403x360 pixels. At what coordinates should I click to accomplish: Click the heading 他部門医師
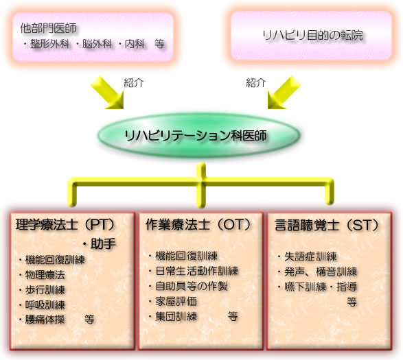[48, 28]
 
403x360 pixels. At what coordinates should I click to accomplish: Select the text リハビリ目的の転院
[313, 35]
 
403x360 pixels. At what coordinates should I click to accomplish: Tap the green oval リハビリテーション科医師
[198, 135]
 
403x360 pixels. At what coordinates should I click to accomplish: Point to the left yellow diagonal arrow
[108, 93]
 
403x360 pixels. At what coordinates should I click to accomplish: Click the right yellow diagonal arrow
[284, 93]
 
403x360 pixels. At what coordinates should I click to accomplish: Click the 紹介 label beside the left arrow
[134, 83]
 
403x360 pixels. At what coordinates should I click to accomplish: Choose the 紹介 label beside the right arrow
[255, 83]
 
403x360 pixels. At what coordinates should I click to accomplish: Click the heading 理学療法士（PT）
[65, 225]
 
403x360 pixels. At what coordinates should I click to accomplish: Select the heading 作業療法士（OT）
[198, 225]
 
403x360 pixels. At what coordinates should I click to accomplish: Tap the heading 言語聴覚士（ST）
[327, 225]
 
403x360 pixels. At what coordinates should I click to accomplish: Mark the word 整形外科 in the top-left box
[50, 44]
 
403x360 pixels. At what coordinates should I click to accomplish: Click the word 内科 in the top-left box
[135, 44]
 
